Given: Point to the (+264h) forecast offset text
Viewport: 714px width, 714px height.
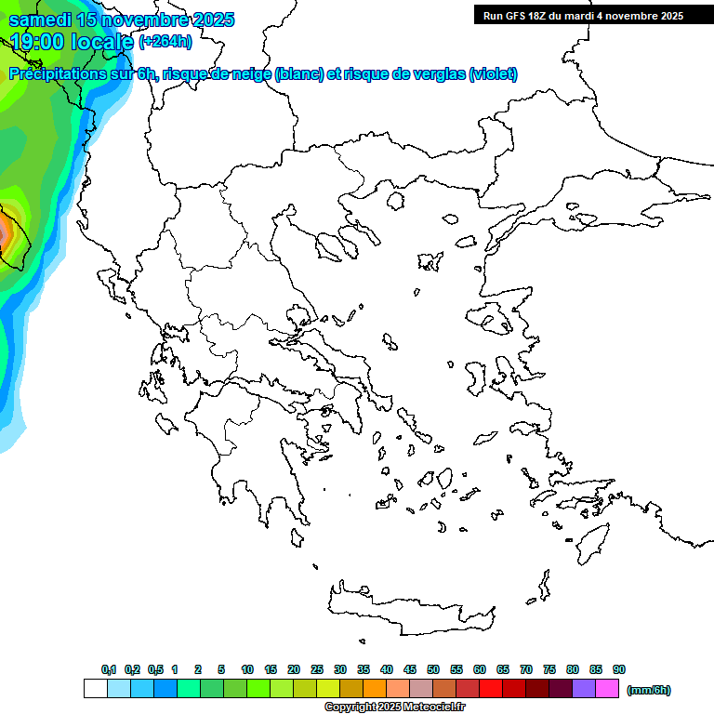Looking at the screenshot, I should pyautogui.click(x=165, y=41).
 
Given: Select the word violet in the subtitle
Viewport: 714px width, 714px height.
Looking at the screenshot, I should pyautogui.click(x=492, y=74).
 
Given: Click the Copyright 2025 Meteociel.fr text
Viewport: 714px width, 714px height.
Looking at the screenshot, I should pyautogui.click(x=394, y=707).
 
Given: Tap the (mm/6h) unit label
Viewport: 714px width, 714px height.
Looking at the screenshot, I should pyautogui.click(x=649, y=690).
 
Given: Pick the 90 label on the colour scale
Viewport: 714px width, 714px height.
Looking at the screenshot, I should pyautogui.click(x=619, y=669).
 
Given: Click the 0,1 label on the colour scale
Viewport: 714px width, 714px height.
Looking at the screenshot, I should pyautogui.click(x=109, y=669).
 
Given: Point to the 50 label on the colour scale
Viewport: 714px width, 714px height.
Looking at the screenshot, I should pyautogui.click(x=433, y=669).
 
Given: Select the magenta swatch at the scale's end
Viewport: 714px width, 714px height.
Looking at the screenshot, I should pyautogui.click(x=607, y=689).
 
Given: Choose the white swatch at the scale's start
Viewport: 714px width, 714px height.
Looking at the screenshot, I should pyautogui.click(x=95, y=689).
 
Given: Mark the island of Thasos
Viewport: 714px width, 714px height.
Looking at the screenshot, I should pyautogui.click(x=395, y=201).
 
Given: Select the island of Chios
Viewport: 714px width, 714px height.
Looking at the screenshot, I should pyautogui.click(x=477, y=375).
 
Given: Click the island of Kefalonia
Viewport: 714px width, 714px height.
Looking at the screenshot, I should pyautogui.click(x=167, y=423).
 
